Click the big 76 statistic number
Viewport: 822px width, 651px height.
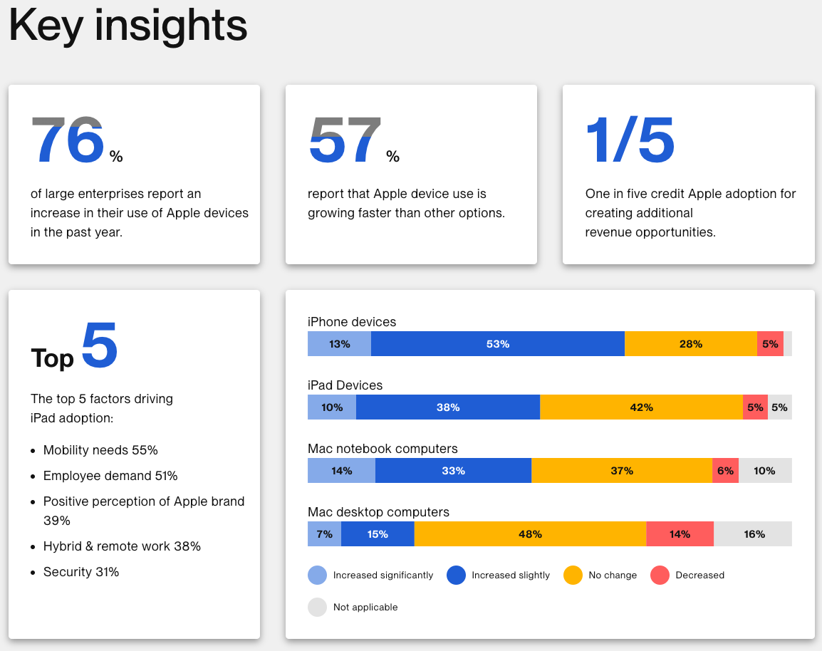coord(68,140)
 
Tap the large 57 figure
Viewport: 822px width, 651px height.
coord(345,140)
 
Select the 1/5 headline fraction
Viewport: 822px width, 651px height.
coord(630,140)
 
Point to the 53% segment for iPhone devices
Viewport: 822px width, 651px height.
coord(497,344)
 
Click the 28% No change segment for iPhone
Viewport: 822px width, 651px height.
coord(690,344)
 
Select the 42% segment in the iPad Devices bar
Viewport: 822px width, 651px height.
coord(641,407)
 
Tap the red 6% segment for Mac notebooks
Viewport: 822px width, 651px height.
coord(726,471)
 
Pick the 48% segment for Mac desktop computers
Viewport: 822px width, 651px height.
coord(530,534)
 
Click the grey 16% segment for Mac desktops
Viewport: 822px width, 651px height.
coord(753,534)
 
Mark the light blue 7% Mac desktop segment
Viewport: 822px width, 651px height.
coord(325,534)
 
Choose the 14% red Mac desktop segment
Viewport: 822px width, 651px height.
coord(680,534)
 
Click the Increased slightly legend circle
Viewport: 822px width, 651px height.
coord(456,575)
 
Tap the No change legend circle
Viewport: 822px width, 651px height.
coord(573,575)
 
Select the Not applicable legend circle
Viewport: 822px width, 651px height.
coord(317,607)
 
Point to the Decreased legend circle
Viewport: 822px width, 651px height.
coord(660,575)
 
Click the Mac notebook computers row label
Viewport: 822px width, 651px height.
coord(383,449)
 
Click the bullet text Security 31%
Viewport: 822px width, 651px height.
coord(81,572)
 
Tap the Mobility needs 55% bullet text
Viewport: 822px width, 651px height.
coord(100,450)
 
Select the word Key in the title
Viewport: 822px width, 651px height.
coord(46,26)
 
